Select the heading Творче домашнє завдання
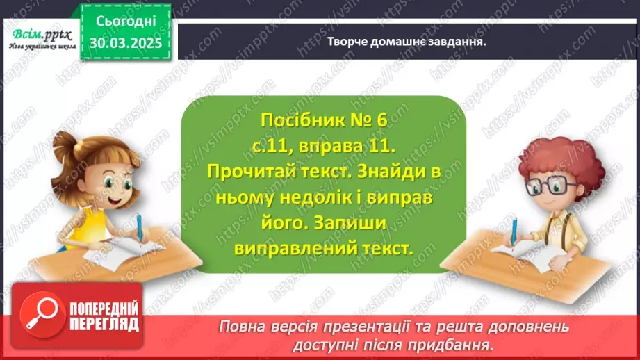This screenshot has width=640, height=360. pos(406,41)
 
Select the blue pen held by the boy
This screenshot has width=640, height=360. pos(514,229)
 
